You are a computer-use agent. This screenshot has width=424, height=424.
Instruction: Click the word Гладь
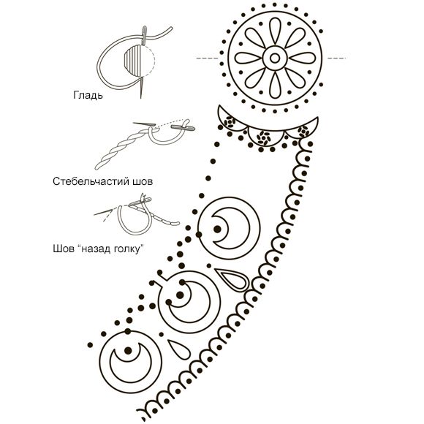click(88, 96)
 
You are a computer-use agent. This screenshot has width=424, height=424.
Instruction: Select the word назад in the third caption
click(96, 249)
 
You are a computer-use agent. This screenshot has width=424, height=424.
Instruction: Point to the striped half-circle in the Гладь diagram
click(133, 61)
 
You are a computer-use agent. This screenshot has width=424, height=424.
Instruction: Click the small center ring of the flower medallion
click(275, 58)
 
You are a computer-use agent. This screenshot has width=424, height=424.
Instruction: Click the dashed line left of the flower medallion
click(207, 58)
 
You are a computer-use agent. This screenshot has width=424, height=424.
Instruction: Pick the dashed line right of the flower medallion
click(336, 58)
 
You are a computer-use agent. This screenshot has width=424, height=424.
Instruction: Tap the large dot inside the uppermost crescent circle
click(217, 229)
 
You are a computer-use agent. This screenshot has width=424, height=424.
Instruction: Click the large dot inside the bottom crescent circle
click(128, 350)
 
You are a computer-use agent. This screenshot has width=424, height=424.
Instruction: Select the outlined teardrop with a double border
click(232, 279)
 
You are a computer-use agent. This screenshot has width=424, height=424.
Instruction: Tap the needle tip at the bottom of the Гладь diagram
click(141, 98)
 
